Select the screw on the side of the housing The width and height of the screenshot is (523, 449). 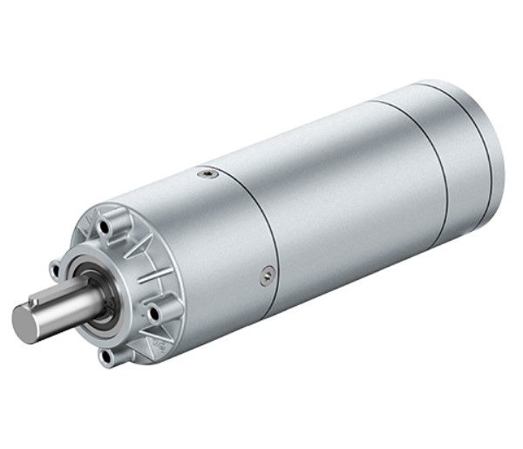[x=264, y=276]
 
